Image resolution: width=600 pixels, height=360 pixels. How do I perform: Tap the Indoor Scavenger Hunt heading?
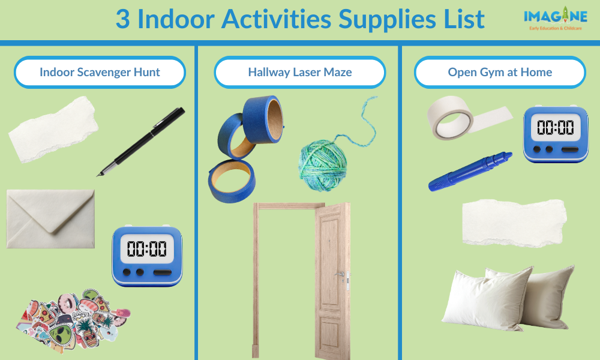(x=100, y=73)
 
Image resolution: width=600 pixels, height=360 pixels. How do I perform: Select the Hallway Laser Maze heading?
(x=300, y=73)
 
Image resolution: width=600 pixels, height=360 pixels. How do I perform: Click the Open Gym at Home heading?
(x=500, y=73)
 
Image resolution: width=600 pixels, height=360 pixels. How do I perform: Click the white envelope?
(x=50, y=218)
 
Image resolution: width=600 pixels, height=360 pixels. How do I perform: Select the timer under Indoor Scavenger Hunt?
(x=147, y=255)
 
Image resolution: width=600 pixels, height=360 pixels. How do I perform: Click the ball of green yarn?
(x=325, y=164)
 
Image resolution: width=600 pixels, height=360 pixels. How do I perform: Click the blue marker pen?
(x=471, y=172)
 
